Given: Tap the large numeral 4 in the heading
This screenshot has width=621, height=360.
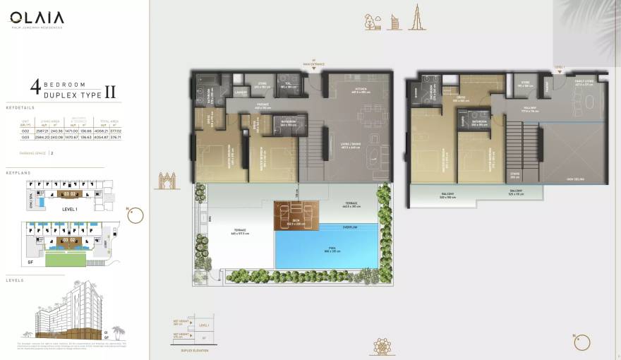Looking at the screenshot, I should point(34,88).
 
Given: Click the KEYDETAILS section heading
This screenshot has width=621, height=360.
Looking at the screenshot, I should point(20,107).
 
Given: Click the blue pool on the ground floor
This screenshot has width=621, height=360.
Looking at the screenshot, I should point(325,251).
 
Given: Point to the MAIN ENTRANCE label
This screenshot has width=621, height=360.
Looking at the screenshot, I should point(314,64).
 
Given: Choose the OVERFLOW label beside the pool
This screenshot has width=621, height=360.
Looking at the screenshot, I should point(351,227).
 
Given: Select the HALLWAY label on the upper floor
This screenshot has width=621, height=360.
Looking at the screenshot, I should point(530,108).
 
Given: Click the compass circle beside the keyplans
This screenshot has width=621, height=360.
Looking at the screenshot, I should point(135,214).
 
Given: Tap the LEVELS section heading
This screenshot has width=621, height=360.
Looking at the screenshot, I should point(15,280).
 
